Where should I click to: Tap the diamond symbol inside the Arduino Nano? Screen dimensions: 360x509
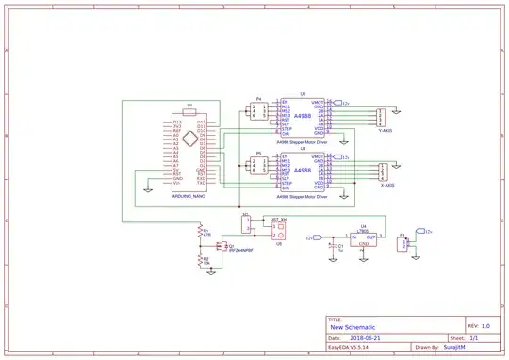pyautogui.click(x=189, y=140)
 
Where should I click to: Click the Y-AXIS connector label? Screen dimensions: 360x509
pyautogui.click(x=384, y=132)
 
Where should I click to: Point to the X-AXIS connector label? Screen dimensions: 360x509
pyautogui.click(x=384, y=187)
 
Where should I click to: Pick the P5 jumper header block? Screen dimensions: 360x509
pyautogui.click(x=258, y=168)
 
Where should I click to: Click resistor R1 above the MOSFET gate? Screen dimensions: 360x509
pyautogui.click(x=200, y=232)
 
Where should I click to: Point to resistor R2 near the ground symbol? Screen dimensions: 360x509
pyautogui.click(x=200, y=256)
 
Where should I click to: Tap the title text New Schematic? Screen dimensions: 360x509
pyautogui.click(x=353, y=327)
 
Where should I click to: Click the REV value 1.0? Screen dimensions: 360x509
pyautogui.click(x=484, y=323)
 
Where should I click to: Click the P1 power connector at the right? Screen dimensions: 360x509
pyautogui.click(x=406, y=243)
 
